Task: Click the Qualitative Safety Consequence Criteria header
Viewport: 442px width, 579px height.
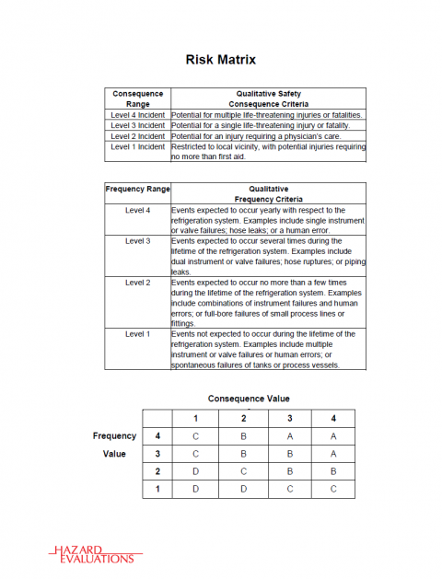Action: pos(267,98)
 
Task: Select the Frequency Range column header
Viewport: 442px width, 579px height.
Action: pos(137,189)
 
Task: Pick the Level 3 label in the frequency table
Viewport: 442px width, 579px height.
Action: pos(137,240)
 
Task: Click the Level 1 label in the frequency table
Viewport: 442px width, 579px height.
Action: pos(137,333)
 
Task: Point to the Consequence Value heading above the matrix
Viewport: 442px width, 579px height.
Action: pos(249,399)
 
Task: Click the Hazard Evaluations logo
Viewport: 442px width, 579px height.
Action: pos(91,553)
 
